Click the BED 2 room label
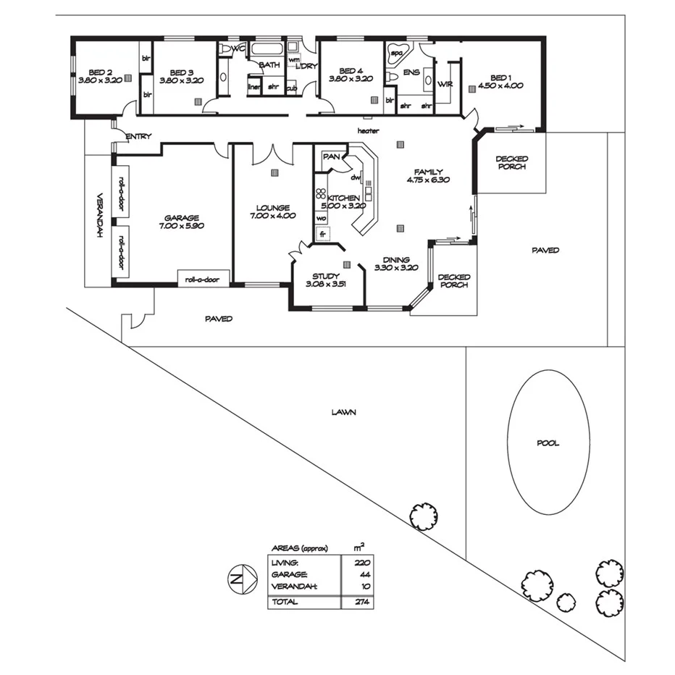(100, 72)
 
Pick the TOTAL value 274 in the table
(363, 602)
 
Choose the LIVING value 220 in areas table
(363, 562)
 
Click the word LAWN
(343, 412)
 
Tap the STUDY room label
(325, 276)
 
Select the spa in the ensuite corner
(397, 53)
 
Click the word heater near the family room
(368, 130)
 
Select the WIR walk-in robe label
(445, 84)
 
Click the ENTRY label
(138, 136)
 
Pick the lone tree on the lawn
(423, 516)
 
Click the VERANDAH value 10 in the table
(364, 587)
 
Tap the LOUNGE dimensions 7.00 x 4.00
(272, 215)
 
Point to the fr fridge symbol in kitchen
(323, 234)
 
